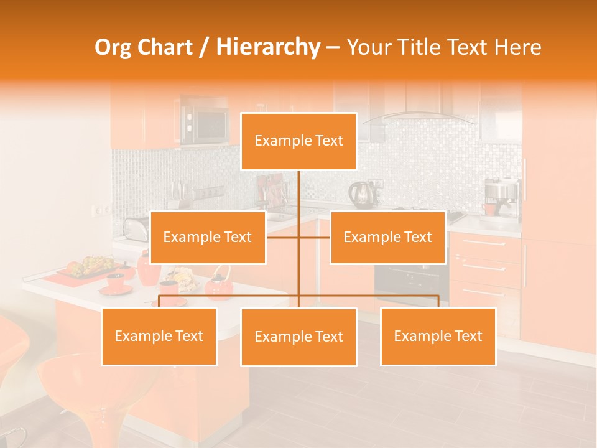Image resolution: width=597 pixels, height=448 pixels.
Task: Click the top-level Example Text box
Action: pyautogui.click(x=298, y=141)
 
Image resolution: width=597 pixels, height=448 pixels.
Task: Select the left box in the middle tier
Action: pyautogui.click(x=208, y=237)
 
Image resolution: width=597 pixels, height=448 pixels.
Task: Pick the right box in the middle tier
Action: pyautogui.click(x=387, y=237)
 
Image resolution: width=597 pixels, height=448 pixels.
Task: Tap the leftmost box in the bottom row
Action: pyautogui.click(x=159, y=336)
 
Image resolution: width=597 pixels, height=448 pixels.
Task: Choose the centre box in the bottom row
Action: pyautogui.click(x=298, y=337)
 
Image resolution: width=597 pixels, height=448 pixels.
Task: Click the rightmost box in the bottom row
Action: pyautogui.click(x=438, y=336)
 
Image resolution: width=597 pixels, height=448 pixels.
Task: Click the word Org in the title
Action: pyautogui.click(x=111, y=47)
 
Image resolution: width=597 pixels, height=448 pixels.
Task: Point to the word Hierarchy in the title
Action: pyautogui.click(x=267, y=47)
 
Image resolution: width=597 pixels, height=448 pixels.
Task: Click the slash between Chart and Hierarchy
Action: pyautogui.click(x=204, y=47)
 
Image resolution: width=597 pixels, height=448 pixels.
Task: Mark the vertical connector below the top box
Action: pyautogui.click(x=298, y=193)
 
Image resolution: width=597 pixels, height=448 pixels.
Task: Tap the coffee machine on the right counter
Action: pyautogui.click(x=501, y=198)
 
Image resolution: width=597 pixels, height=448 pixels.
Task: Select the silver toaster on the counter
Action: pyautogui.click(x=135, y=228)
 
